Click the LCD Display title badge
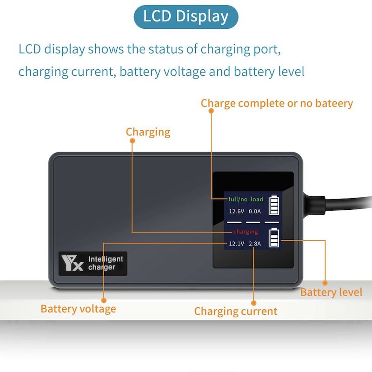click(x=186, y=17)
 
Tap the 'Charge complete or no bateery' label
click(x=277, y=104)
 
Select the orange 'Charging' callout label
click(x=148, y=132)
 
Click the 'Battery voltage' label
click(x=78, y=309)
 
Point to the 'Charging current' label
click(x=236, y=312)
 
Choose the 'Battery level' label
click(x=331, y=292)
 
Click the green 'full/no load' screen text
click(x=246, y=199)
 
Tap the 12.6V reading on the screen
click(x=236, y=211)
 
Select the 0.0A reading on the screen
click(x=255, y=211)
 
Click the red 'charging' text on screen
click(x=246, y=232)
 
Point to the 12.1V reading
click(x=236, y=244)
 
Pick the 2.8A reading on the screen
click(x=255, y=244)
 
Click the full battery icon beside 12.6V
click(x=274, y=205)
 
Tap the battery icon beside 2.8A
click(x=274, y=238)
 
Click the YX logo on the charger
click(x=72, y=263)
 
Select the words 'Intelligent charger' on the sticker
click(x=106, y=263)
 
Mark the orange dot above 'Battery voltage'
click(x=104, y=300)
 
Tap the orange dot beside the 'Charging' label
click(x=133, y=141)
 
